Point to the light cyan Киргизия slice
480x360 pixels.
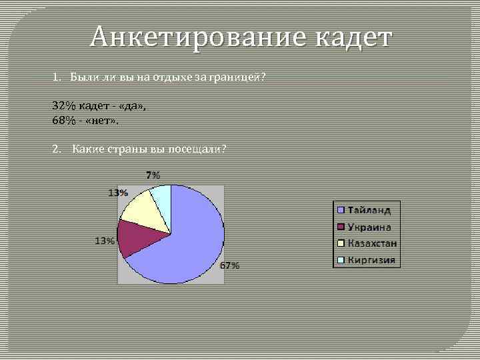tap(163, 197)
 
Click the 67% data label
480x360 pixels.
tap(230, 266)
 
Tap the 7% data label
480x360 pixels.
tap(153, 175)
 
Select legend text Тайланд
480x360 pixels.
tap(369, 210)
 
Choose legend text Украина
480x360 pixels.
tap(369, 227)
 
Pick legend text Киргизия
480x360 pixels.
tap(371, 260)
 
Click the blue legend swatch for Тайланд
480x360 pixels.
tap(341, 210)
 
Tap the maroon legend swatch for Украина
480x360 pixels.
tap(341, 227)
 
